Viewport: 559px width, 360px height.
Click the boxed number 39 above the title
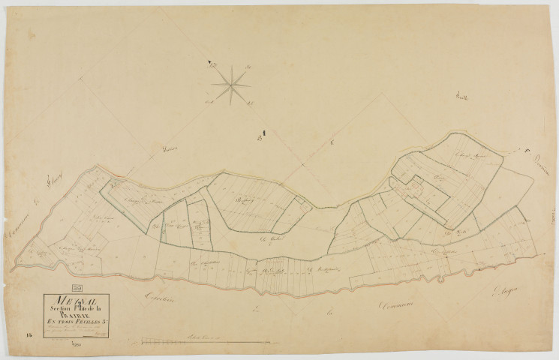pos(77,286)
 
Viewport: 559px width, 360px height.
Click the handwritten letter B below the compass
pos(257,138)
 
